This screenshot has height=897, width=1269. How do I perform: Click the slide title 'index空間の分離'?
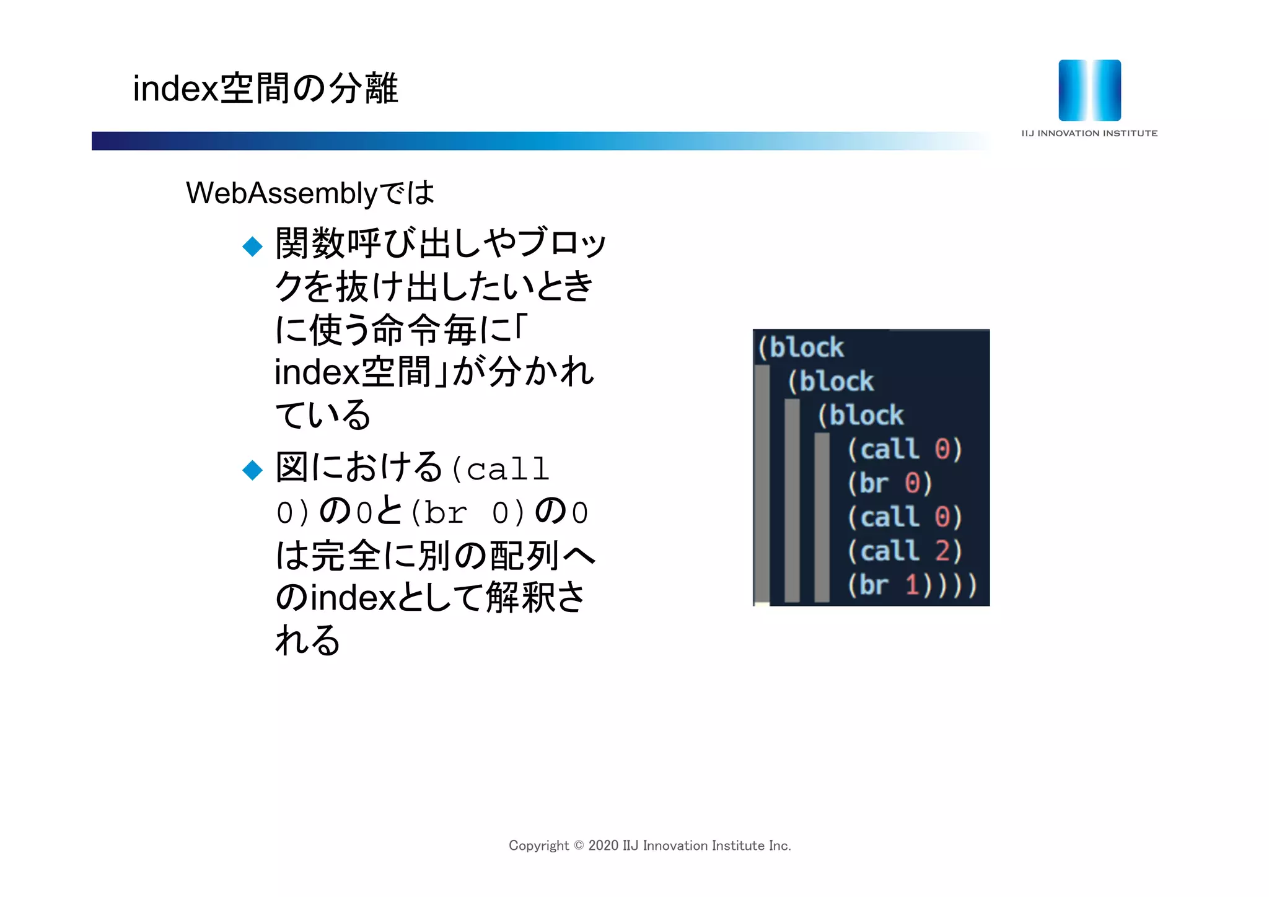click(265, 88)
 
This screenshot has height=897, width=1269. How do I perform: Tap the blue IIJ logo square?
click(1089, 90)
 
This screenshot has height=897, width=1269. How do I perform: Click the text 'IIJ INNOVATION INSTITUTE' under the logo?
click(1089, 133)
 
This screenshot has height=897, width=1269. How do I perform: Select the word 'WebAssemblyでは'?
click(310, 193)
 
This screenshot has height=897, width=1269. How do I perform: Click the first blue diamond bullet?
click(253, 246)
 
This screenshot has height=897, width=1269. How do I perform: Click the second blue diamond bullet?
click(253, 470)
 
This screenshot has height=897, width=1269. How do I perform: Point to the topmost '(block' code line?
click(801, 348)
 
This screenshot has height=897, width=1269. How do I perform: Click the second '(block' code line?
click(830, 382)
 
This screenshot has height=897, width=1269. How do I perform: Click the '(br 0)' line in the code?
click(890, 483)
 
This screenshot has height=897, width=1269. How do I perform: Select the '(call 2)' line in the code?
click(905, 551)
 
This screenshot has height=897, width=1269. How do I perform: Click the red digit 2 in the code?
click(942, 551)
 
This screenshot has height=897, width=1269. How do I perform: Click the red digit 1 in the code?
click(912, 585)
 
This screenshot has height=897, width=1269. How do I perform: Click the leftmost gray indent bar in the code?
click(762, 483)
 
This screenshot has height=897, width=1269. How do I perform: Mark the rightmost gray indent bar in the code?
click(822, 517)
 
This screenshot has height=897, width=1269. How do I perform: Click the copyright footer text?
click(649, 846)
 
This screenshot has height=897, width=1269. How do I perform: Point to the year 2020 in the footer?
click(604, 846)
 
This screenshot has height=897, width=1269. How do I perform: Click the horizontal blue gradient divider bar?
click(539, 141)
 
